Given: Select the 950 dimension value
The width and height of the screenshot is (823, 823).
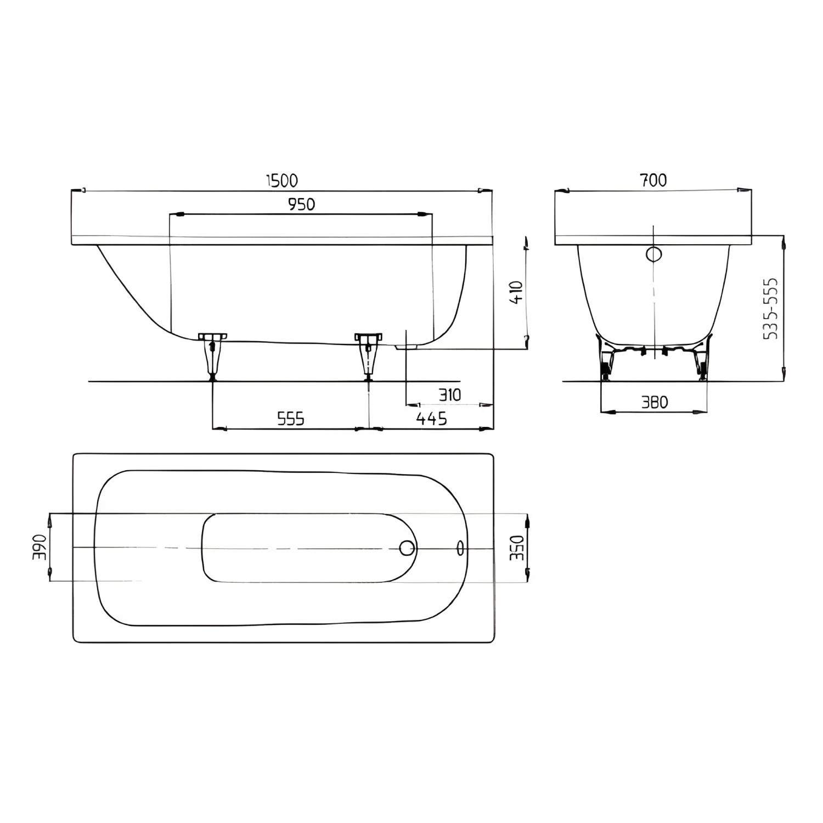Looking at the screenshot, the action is coord(302,204).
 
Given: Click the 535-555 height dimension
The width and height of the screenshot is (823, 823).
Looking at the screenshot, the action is coord(771,308).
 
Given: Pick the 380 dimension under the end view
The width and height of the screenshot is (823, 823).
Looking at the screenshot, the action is coord(655,403).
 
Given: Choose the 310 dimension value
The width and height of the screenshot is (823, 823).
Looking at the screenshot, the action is coord(450,394).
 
